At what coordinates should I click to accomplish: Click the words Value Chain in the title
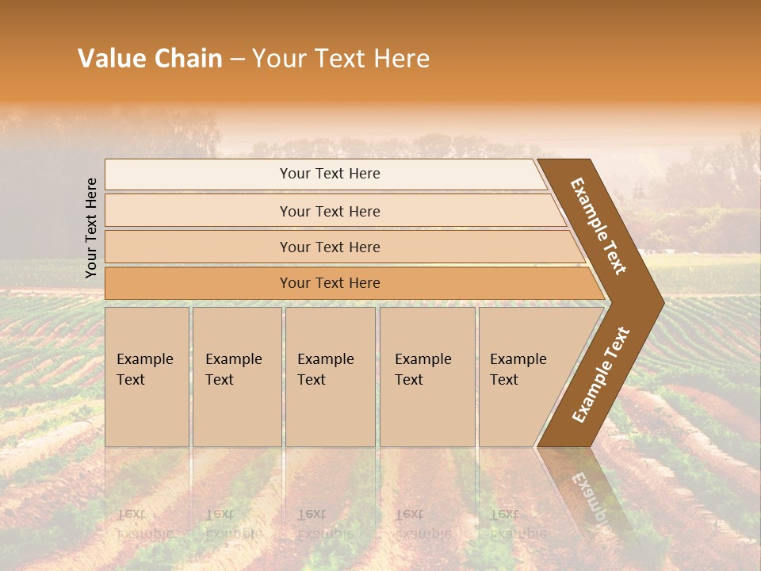pyautogui.click(x=150, y=59)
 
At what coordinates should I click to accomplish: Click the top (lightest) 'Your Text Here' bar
pyautogui.click(x=330, y=174)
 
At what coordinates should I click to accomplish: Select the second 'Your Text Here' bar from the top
pyautogui.click(x=330, y=211)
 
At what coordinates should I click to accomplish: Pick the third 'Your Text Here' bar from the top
pyautogui.click(x=330, y=247)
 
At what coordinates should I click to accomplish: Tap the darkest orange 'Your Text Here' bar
pyautogui.click(x=330, y=283)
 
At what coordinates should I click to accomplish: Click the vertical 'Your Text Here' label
pyautogui.click(x=92, y=228)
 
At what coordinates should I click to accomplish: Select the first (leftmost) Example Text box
pyautogui.click(x=147, y=376)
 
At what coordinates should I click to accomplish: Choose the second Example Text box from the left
pyautogui.click(x=236, y=376)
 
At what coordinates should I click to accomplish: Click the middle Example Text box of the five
pyautogui.click(x=330, y=376)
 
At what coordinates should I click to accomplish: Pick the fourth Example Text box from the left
pyautogui.click(x=427, y=376)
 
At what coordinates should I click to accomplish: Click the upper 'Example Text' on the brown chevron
pyautogui.click(x=599, y=226)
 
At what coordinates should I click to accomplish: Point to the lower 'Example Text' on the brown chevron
pyautogui.click(x=601, y=374)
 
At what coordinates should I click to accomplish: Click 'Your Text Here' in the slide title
pyautogui.click(x=341, y=59)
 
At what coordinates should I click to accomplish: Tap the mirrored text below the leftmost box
pyautogui.click(x=145, y=523)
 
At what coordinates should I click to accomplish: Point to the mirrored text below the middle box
pyautogui.click(x=326, y=523)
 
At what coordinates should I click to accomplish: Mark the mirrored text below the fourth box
pyautogui.click(x=423, y=523)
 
